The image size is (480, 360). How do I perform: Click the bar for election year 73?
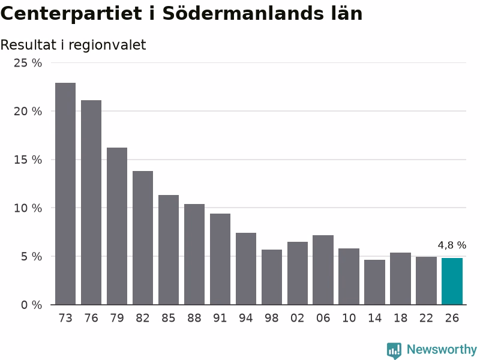(x=65, y=194)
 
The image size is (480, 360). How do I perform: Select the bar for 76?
(x=91, y=202)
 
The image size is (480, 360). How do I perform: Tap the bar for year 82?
(x=143, y=238)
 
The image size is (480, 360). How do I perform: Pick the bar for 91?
(x=220, y=259)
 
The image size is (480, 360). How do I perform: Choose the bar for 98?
(x=272, y=277)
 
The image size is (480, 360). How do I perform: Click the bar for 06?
(x=323, y=270)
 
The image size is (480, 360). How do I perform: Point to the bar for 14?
(x=374, y=282)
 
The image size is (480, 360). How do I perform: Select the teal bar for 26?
(x=452, y=281)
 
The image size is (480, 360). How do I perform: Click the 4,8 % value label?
(x=452, y=245)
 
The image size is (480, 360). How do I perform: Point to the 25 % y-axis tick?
(x=28, y=63)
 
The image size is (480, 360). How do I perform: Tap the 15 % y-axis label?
(x=28, y=160)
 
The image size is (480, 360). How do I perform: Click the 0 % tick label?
(x=32, y=305)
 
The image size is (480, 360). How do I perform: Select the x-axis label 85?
(x=169, y=318)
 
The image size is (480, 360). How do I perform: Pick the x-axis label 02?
(x=297, y=318)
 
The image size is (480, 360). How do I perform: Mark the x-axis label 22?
(x=426, y=318)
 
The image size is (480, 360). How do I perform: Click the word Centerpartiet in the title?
(x=71, y=13)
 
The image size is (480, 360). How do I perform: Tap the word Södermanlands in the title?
(x=243, y=13)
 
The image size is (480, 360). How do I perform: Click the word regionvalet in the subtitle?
(x=107, y=46)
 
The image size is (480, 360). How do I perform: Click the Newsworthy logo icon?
(x=394, y=350)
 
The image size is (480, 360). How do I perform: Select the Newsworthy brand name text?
(x=442, y=349)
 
